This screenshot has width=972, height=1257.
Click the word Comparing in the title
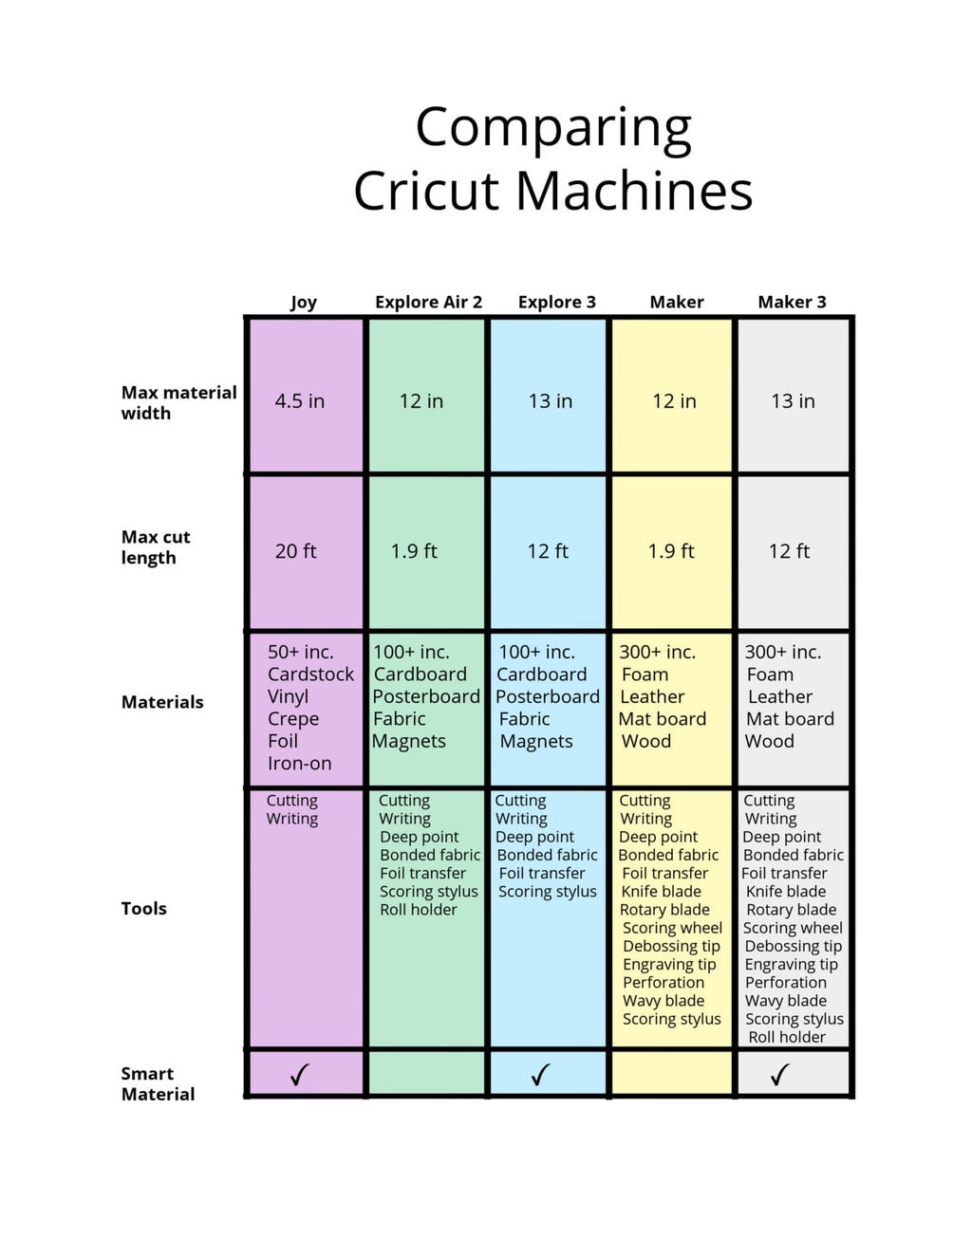click(x=553, y=128)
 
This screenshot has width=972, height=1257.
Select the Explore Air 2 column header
click(x=428, y=302)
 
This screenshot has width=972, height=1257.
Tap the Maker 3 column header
click(x=792, y=302)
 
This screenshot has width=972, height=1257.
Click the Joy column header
click(x=304, y=302)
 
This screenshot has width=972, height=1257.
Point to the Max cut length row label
click(x=156, y=547)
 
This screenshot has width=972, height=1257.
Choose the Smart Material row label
click(x=158, y=1083)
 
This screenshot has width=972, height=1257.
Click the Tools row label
click(x=143, y=908)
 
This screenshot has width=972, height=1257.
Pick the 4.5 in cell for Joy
click(x=300, y=401)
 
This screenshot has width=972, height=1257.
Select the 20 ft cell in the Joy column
click(x=296, y=551)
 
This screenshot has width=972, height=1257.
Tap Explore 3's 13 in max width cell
click(x=551, y=401)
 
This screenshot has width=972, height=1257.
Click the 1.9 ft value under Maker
click(x=671, y=551)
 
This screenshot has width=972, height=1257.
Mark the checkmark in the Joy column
click(x=300, y=1075)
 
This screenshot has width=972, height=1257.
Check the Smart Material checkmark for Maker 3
click(x=780, y=1075)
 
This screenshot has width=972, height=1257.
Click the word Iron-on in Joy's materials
click(x=300, y=763)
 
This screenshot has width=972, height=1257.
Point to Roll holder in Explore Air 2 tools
click(x=419, y=909)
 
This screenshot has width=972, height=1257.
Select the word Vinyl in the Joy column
click(x=288, y=696)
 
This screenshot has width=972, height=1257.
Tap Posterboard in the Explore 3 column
click(x=548, y=696)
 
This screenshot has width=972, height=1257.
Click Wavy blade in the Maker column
click(x=664, y=1001)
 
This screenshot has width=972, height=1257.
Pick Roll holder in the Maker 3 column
click(x=787, y=1037)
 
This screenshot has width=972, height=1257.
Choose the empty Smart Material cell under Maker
click(x=672, y=1074)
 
